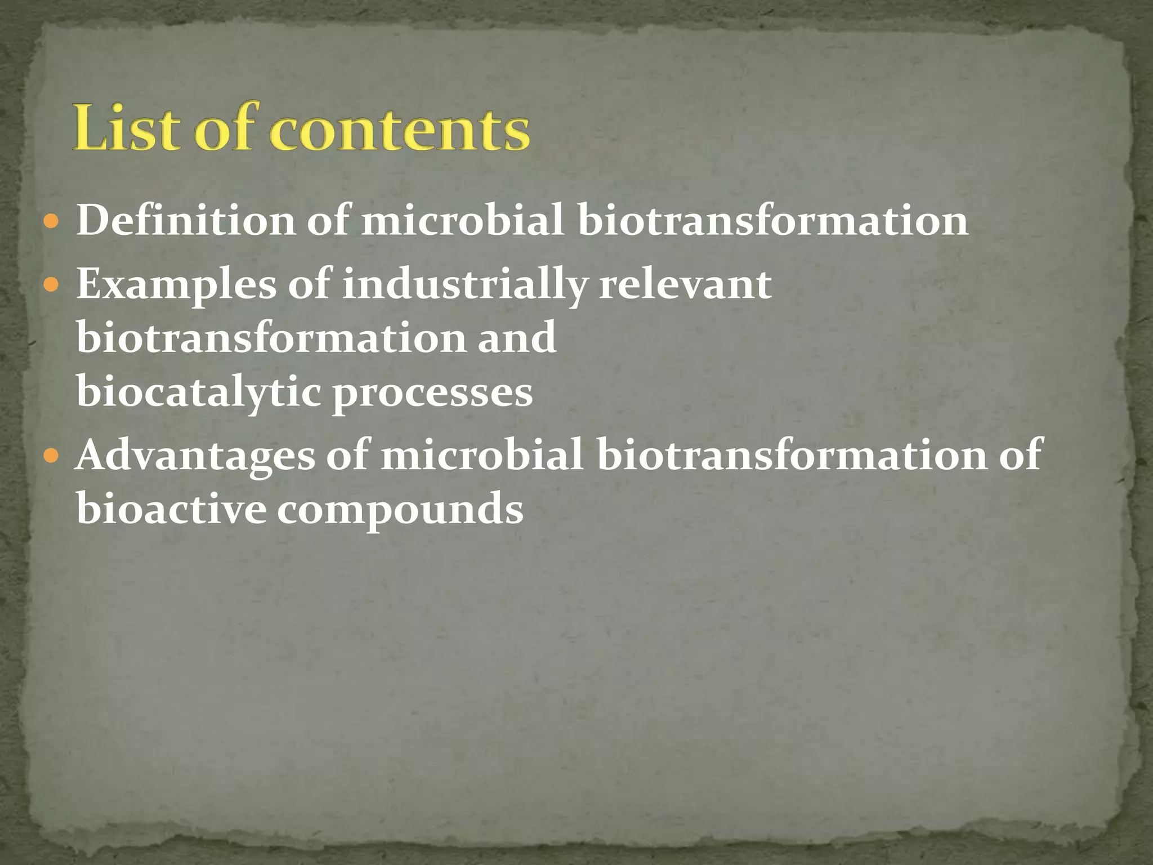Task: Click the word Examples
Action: pyautogui.click(x=176, y=285)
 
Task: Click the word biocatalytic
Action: pyautogui.click(x=198, y=393)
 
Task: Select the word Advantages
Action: pyautogui.click(x=195, y=455)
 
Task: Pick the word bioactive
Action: pyautogui.click(x=171, y=508)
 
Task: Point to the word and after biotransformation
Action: pyautogui.click(x=517, y=338)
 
